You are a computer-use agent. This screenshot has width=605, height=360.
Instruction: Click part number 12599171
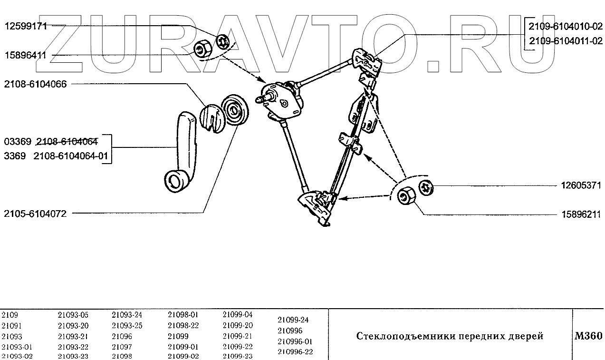pyautogui.click(x=26, y=27)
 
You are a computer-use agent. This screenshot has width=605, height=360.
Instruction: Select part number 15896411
pyautogui.click(x=26, y=55)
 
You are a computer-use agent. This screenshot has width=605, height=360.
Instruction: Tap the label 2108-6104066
pyautogui.click(x=35, y=84)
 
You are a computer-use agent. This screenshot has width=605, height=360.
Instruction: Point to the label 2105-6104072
pyautogui.click(x=35, y=214)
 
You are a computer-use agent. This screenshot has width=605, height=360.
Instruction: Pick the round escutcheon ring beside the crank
pyautogui.click(x=235, y=110)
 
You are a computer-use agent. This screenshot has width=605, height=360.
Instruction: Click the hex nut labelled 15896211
pyautogui.click(x=405, y=195)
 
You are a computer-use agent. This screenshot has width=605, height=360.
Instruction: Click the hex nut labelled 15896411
pyautogui.click(x=202, y=49)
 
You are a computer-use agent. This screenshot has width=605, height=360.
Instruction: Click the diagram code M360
pyautogui.click(x=588, y=335)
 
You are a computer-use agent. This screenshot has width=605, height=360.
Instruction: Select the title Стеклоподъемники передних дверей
pyautogui.click(x=450, y=336)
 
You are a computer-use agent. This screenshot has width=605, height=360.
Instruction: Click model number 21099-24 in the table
pyautogui.click(x=293, y=320)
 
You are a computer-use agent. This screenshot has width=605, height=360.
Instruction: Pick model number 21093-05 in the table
pyautogui.click(x=73, y=315)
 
